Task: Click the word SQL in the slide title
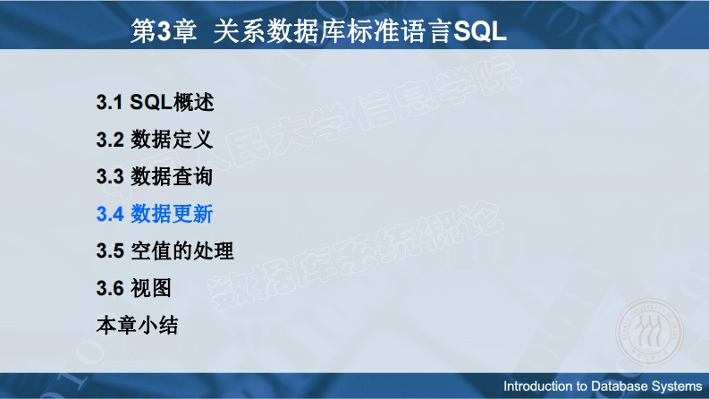click(480, 31)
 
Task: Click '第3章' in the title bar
click(165, 31)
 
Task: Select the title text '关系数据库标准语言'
click(333, 31)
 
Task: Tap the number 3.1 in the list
click(109, 102)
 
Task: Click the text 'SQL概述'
click(172, 102)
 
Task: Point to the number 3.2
click(110, 140)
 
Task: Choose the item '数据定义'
click(172, 139)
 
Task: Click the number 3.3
click(110, 176)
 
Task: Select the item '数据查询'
click(172, 176)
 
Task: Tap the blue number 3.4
click(110, 214)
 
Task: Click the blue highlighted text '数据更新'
click(172, 214)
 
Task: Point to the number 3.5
click(110, 250)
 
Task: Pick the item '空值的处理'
click(181, 250)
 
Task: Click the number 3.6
click(110, 288)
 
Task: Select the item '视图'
click(151, 288)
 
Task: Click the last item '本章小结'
click(137, 325)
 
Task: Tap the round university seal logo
click(649, 332)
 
